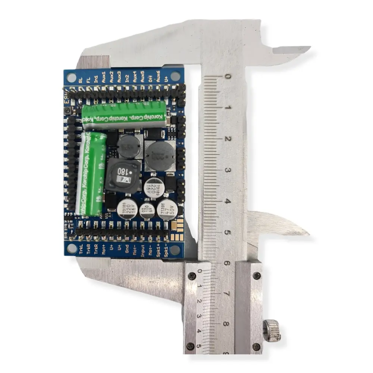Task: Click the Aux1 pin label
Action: tap(103, 77)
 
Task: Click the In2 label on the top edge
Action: tap(127, 78)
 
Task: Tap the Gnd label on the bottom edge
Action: tap(127, 249)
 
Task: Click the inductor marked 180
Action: tap(123, 173)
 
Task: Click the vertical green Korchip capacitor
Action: tap(91, 173)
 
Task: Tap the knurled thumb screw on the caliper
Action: tap(271, 331)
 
